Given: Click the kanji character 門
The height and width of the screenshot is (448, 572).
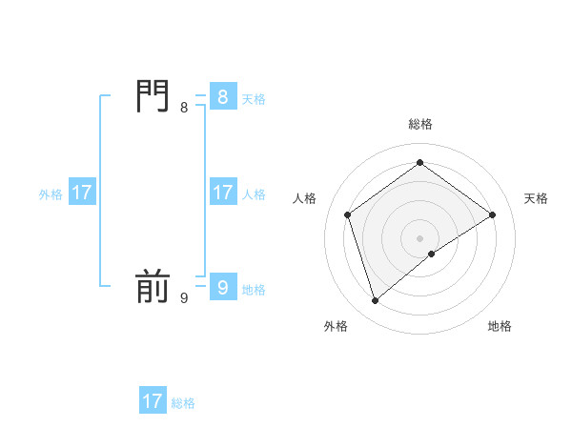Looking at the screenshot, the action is pos(153,97).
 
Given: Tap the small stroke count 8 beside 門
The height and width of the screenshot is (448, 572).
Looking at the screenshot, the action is pos(184,108).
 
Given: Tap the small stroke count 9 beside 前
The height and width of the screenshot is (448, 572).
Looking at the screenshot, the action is pos(184,297).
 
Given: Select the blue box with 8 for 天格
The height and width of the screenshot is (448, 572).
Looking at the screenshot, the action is pos(222,97).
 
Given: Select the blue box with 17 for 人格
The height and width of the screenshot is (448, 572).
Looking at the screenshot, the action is pos(222,193).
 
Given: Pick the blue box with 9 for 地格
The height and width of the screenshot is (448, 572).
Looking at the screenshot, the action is pos(222,287).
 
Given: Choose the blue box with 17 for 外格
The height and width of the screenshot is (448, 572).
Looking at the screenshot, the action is pos(82,193).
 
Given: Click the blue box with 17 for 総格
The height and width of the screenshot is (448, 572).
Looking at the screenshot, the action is pos(153,401).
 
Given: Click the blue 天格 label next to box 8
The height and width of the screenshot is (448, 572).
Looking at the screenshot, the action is pos(254,99).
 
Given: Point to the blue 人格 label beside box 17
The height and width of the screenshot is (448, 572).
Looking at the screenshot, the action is pos(254,194).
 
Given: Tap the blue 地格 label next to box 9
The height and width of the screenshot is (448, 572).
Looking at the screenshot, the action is pos(254,290).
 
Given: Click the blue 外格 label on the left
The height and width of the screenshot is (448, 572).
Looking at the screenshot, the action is pos(51,194).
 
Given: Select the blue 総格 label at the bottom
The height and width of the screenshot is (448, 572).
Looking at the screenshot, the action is pos(183,403).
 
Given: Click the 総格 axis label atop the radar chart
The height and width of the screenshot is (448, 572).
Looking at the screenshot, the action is pos(420,124).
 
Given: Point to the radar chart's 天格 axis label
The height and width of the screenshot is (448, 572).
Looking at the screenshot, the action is pos(536,198).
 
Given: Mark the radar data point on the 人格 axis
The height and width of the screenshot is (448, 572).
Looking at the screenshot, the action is pos(348,214).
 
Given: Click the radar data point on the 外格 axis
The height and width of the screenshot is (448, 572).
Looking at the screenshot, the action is pos(376,301).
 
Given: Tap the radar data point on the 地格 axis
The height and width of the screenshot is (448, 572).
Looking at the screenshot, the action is pos(432,254).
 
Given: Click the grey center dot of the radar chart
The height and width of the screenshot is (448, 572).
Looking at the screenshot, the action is pos(420,237).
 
